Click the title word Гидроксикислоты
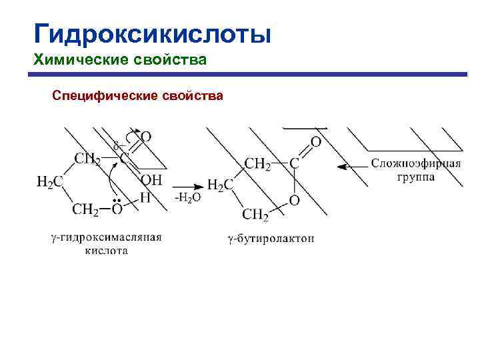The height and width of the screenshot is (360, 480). click(x=153, y=33)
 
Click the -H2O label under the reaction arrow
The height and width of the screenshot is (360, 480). click(x=187, y=198)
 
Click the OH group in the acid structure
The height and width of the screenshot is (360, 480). click(x=151, y=180)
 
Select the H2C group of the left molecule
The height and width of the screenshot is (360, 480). click(x=50, y=182)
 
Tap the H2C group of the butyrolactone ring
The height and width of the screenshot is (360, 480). click(x=220, y=185)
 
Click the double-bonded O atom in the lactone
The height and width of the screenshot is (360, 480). click(x=316, y=142)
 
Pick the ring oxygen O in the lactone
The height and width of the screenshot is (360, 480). click(x=294, y=200)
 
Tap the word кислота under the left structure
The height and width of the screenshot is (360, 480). click(x=106, y=251)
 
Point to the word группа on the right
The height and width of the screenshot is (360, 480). click(x=415, y=177)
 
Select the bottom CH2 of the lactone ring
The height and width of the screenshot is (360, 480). click(x=255, y=215)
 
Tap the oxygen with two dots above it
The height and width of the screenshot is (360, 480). click(x=117, y=211)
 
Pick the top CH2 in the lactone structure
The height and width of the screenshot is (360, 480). click(x=258, y=164)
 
